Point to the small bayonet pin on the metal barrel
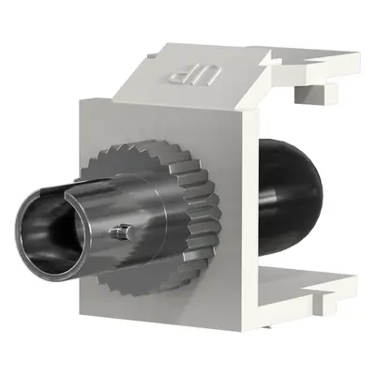pyautogui.click(x=119, y=232)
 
